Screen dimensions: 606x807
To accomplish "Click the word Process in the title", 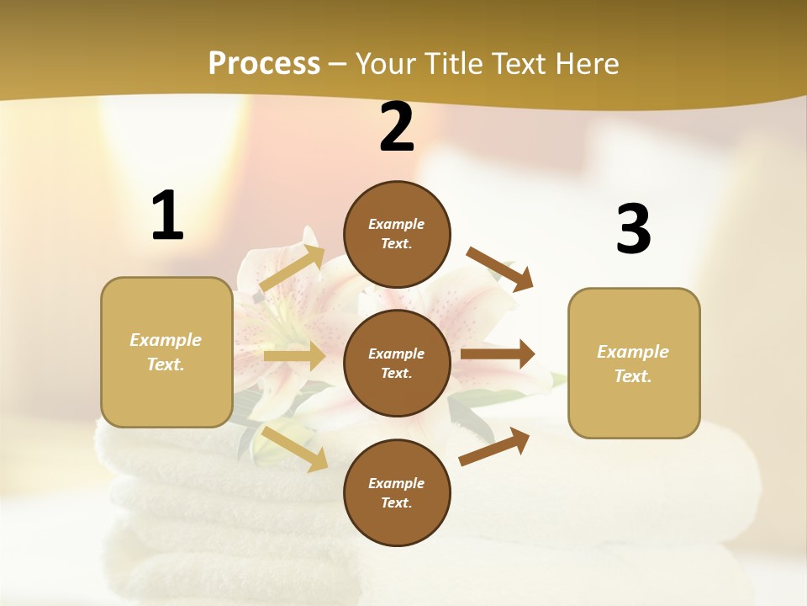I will [x=264, y=64].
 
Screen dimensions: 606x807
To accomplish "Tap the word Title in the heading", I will [x=454, y=64].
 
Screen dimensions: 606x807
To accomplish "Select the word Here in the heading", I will [x=585, y=64].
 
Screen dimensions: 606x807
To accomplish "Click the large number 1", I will [x=167, y=216].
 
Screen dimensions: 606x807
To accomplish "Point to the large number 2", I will [x=397, y=127].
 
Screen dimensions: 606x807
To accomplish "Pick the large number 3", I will [x=633, y=229].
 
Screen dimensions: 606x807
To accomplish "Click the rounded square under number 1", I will [x=166, y=352].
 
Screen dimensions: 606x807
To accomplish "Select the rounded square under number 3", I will [x=634, y=364].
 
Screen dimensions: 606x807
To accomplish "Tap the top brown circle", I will [x=397, y=234].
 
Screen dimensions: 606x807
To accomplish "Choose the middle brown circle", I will [x=397, y=363].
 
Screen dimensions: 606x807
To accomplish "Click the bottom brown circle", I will [x=397, y=492].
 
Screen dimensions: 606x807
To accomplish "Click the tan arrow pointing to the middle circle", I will [x=294, y=356].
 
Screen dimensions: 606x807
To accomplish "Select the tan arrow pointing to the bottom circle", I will [x=294, y=448].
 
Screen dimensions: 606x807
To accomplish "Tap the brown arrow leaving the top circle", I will [x=499, y=269].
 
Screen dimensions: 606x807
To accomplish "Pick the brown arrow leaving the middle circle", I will [x=497, y=354].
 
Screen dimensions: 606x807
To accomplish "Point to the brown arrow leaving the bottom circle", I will [x=494, y=447].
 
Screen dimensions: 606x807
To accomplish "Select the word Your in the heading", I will [x=385, y=64].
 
